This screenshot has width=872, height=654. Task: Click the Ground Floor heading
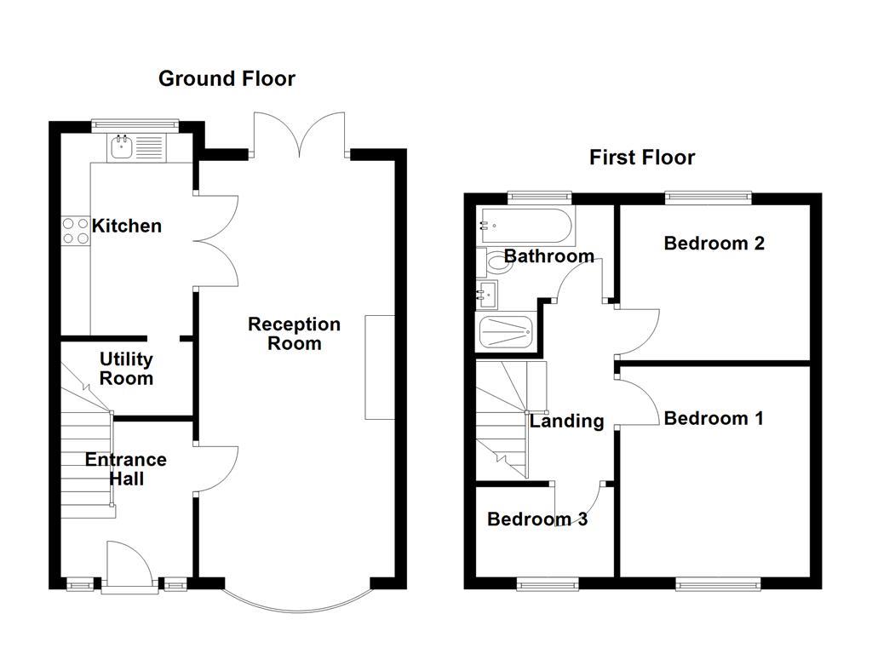point(227,79)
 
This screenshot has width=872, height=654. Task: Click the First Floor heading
point(641,158)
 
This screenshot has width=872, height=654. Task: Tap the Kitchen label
point(127,226)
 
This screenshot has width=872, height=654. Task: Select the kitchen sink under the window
point(120,149)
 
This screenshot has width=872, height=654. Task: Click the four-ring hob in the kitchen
point(75,230)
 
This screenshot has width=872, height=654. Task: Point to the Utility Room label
point(126,369)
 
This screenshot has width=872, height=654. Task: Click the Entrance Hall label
point(125,469)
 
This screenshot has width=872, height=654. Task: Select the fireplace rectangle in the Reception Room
point(380,367)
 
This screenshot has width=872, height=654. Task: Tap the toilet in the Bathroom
point(498,261)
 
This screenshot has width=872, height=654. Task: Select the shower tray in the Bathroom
point(505,331)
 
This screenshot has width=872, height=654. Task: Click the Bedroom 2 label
point(714,244)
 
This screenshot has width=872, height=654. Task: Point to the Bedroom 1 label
point(714,418)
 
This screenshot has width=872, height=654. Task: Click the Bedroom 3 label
point(536,519)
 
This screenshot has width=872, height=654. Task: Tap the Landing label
point(566,421)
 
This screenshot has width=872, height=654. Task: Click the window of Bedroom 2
point(708,198)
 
